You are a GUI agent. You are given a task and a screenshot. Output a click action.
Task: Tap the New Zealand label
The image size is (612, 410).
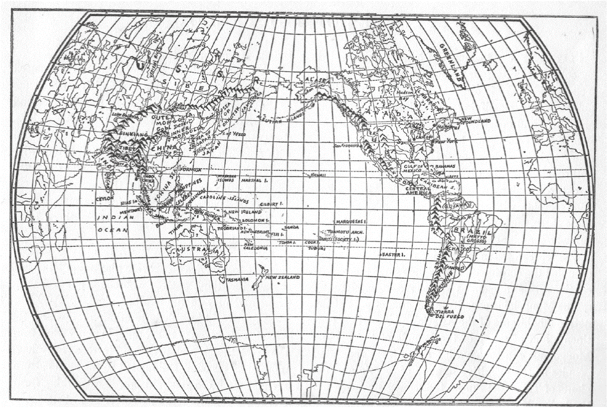tap(283, 278)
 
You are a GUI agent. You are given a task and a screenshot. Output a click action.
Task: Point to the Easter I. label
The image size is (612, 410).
tap(392, 255)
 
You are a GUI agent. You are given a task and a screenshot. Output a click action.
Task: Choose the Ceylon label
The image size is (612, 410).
tap(104, 199)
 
